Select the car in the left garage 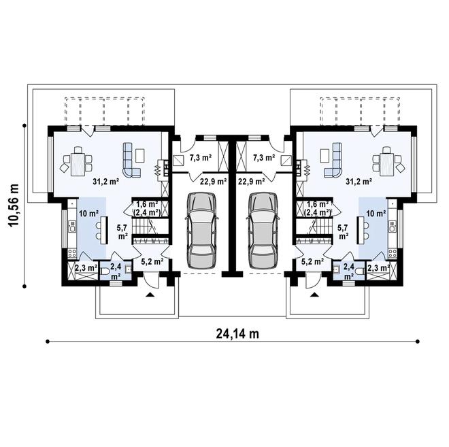pos(201,229)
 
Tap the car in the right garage pos(263,229)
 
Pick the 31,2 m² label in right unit pos(358,182)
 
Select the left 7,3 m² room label pos(199,158)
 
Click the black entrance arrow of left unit pos(151,295)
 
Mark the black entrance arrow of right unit pos(314,295)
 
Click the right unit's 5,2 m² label pos(313,261)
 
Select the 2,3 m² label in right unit pos(378,268)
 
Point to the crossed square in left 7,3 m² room pos(178,161)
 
